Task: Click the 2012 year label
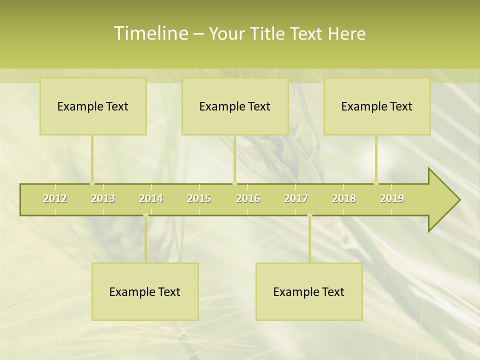click(x=55, y=198)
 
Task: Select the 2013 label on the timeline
click(x=103, y=198)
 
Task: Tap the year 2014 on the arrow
click(x=151, y=198)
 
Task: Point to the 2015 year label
click(x=199, y=198)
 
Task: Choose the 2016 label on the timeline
click(x=248, y=198)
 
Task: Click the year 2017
click(x=296, y=198)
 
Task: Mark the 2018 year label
click(x=344, y=198)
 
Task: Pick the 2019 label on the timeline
click(x=392, y=198)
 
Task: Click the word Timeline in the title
click(x=150, y=33)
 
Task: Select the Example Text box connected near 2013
click(x=93, y=106)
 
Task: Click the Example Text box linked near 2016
click(x=235, y=106)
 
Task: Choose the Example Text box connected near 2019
click(x=377, y=106)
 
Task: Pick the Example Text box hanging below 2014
click(x=145, y=292)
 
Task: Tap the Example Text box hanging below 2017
click(x=309, y=292)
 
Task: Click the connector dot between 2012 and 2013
click(x=92, y=183)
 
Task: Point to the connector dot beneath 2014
click(x=145, y=215)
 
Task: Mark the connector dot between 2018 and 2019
click(x=376, y=183)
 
